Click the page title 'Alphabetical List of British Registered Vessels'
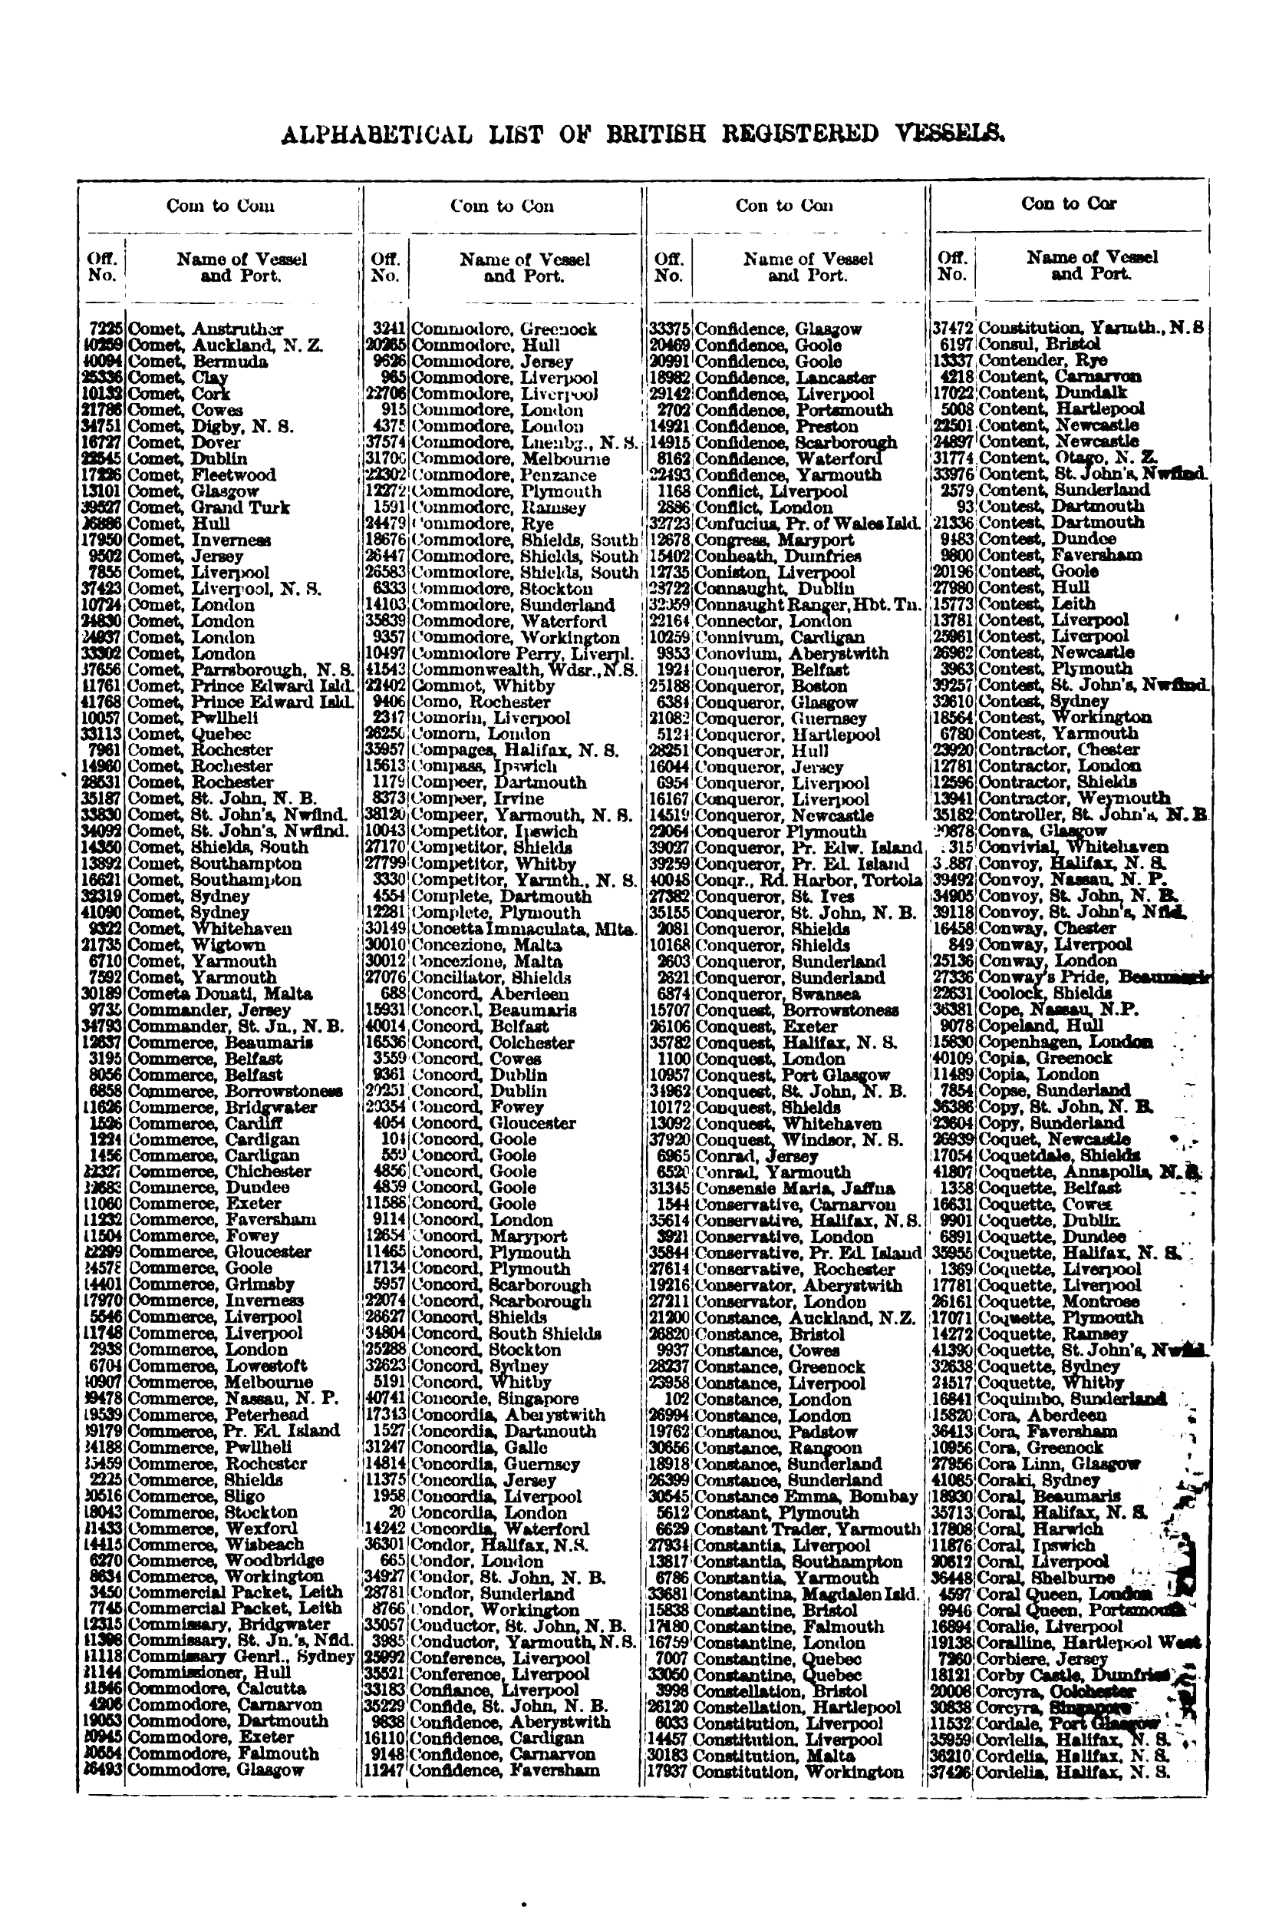[642, 134]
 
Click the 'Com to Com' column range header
[219, 206]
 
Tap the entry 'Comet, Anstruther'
[206, 329]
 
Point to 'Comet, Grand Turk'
[209, 507]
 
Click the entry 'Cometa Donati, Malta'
[220, 994]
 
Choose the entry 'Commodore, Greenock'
[503, 329]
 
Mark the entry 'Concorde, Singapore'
[494, 1399]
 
